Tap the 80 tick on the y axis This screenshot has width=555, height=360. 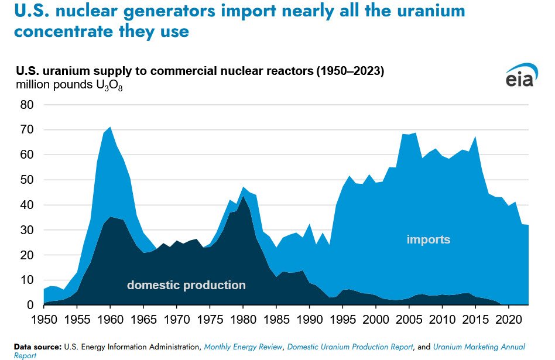(27, 105)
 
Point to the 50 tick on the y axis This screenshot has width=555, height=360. (27, 180)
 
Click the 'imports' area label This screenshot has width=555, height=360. (429, 239)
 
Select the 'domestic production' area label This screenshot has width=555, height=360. (186, 286)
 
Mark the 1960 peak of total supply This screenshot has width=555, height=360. (110, 127)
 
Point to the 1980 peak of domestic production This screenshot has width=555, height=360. (244, 197)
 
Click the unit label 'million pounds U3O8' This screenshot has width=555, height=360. (69, 85)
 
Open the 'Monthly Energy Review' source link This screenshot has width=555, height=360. (242, 347)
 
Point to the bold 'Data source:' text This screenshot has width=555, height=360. (37, 347)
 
